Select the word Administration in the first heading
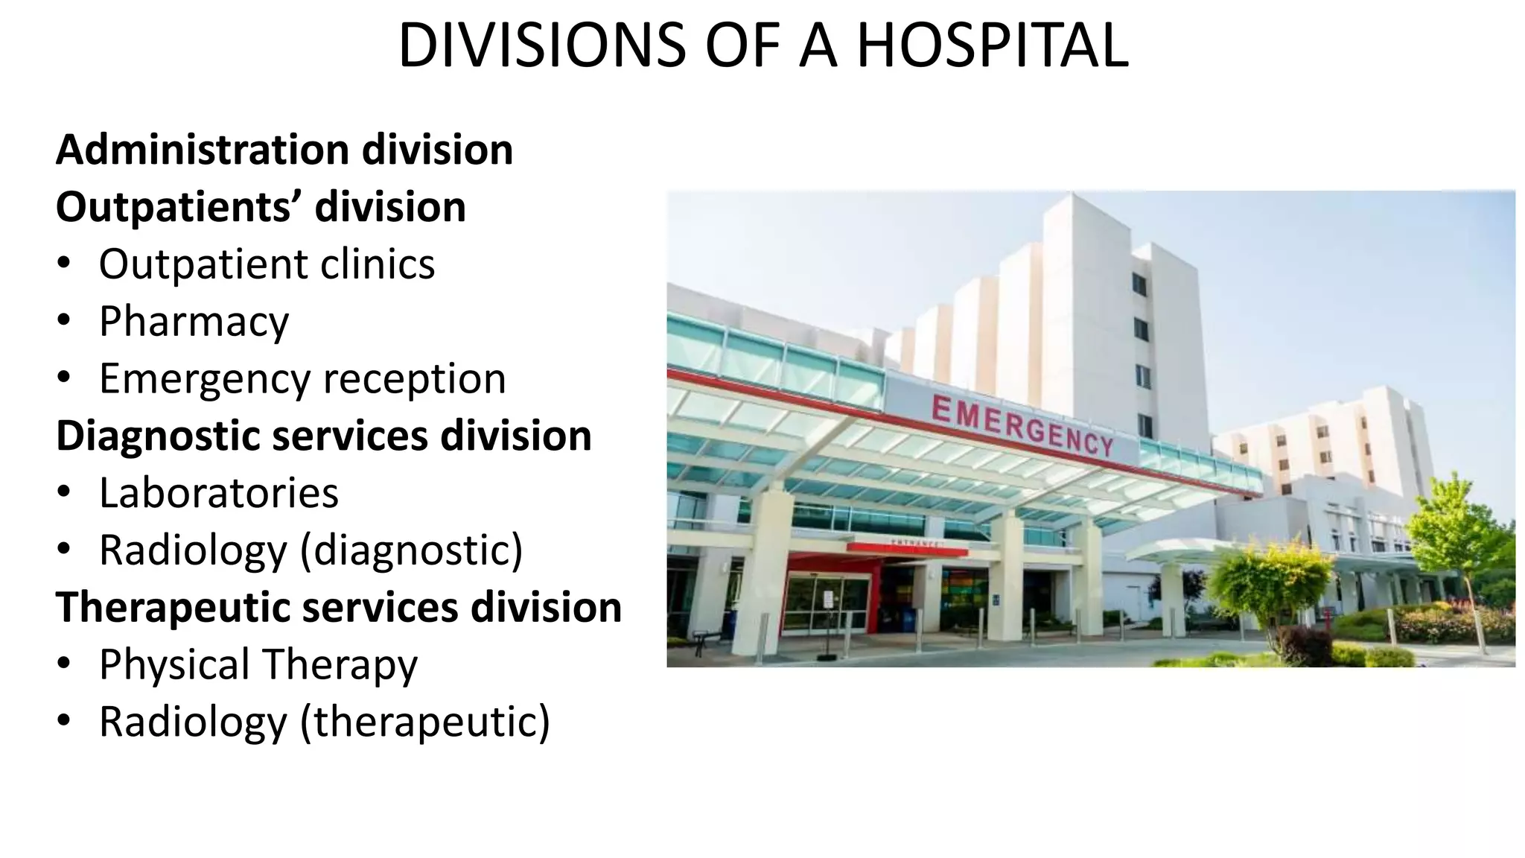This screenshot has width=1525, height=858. tap(203, 150)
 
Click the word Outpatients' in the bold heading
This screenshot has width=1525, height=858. tap(179, 207)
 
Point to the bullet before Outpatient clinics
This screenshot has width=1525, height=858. tap(64, 264)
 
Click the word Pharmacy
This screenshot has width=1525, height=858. tap(194, 322)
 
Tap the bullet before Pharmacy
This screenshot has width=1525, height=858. tap(64, 322)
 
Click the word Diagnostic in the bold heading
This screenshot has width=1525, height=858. tap(157, 436)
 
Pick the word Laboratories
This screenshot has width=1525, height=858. tap(218, 493)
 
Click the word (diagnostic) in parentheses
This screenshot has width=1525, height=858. tap(411, 550)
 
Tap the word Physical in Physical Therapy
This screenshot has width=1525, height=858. tap(173, 664)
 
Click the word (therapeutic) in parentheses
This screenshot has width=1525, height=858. tap(424, 722)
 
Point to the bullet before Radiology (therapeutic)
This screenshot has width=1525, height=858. tap(64, 722)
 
